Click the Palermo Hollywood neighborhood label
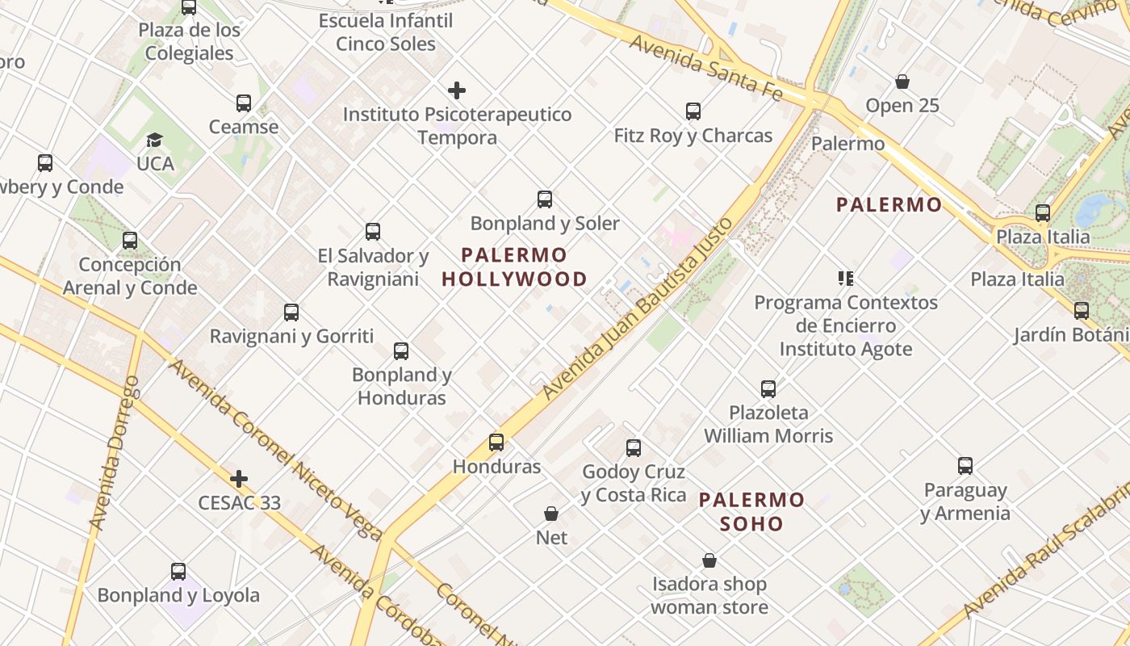tap(514, 267)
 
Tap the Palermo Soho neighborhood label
tap(751, 512)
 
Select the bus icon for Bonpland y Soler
tap(545, 199)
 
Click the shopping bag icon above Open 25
tap(902, 82)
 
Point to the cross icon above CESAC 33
tap(239, 479)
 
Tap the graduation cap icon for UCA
tap(155, 141)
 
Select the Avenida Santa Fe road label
tap(705, 68)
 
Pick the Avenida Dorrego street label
tap(115, 452)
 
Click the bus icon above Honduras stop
tap(496, 443)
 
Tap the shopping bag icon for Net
tap(551, 514)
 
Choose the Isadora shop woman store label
tap(709, 595)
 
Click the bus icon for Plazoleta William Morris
tap(768, 389)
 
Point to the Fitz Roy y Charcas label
tap(693, 136)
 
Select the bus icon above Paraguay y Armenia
tap(965, 466)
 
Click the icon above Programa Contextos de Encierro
tap(846, 279)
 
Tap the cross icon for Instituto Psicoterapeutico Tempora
tap(457, 90)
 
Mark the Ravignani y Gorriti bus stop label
tap(291, 336)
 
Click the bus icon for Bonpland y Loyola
tap(178, 572)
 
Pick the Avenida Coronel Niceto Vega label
tap(275, 449)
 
